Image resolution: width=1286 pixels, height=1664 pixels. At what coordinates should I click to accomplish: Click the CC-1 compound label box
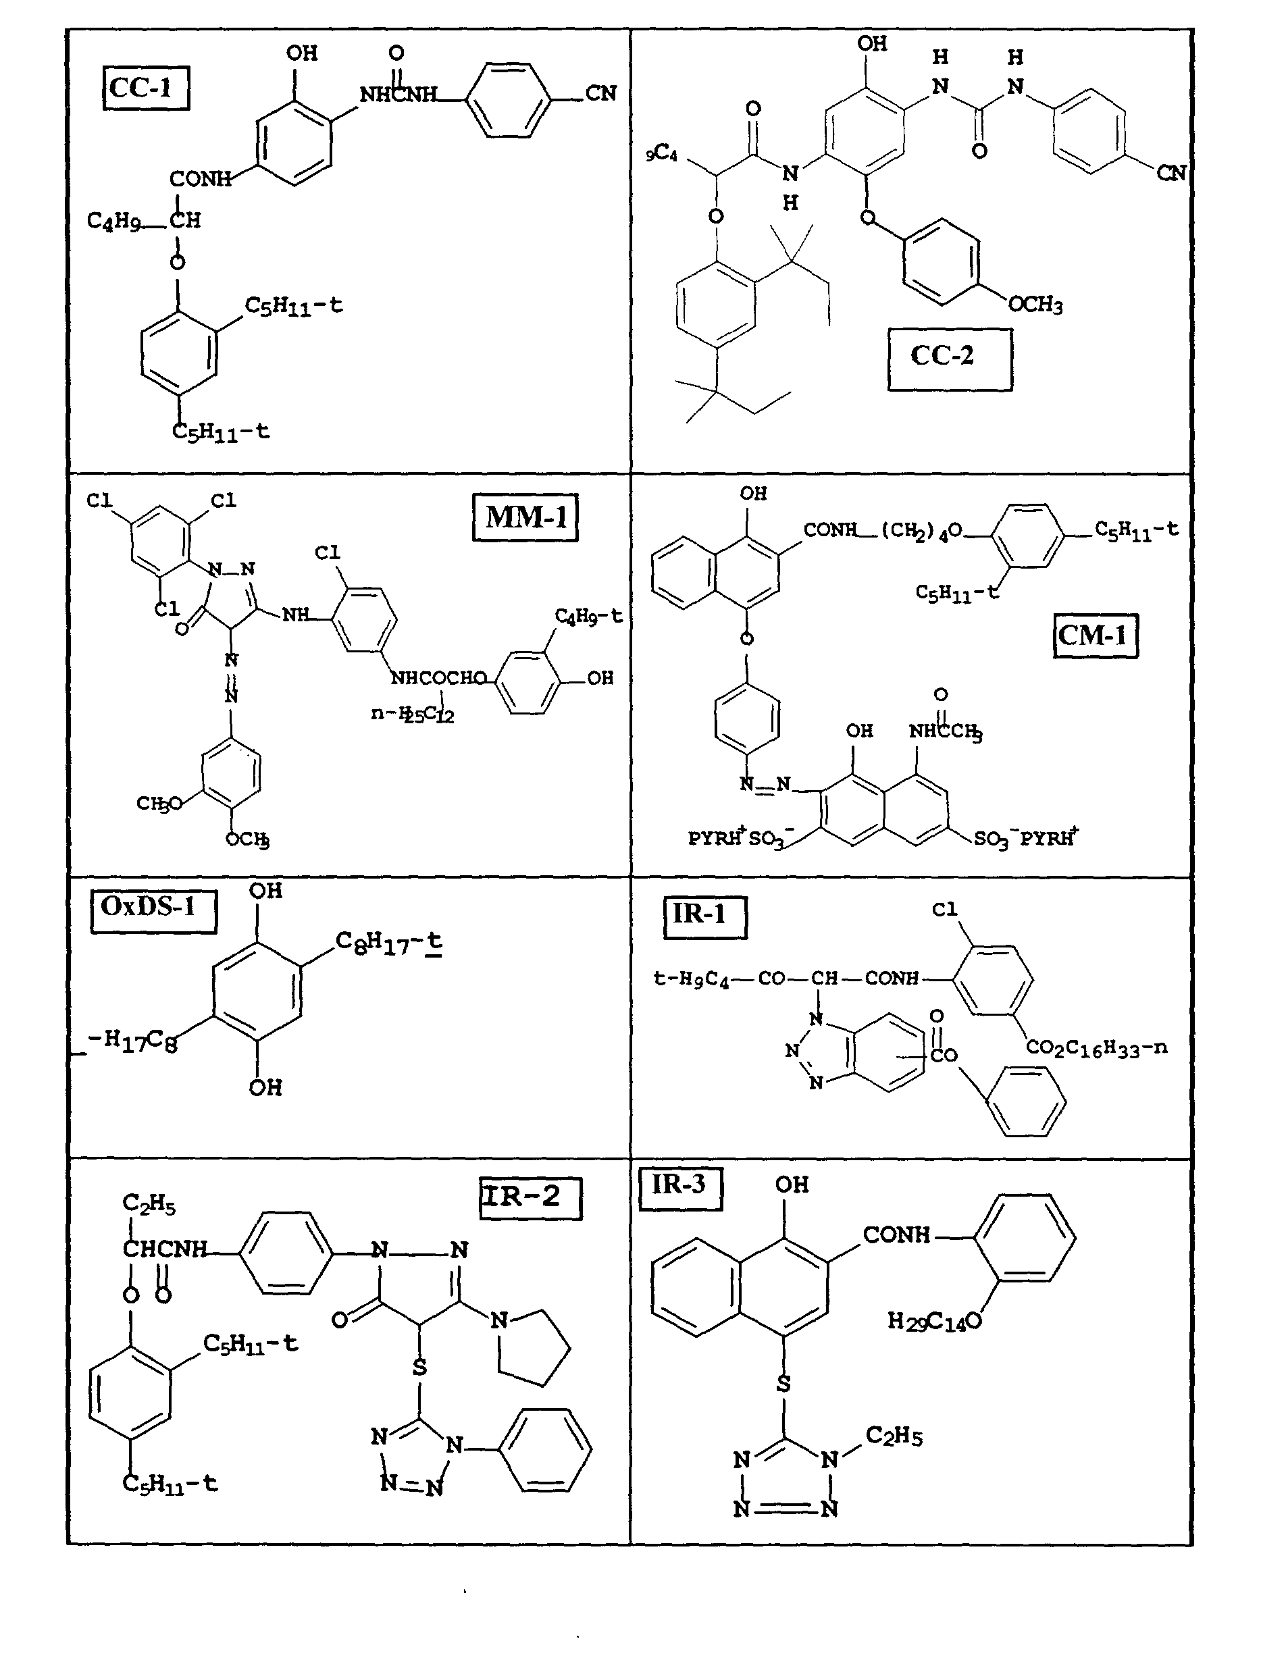point(145,88)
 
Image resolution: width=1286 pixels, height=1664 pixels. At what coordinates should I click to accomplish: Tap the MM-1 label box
point(525,517)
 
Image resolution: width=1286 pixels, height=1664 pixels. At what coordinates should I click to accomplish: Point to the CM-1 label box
point(1096,635)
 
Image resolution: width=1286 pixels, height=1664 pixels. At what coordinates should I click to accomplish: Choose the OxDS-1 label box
point(153,910)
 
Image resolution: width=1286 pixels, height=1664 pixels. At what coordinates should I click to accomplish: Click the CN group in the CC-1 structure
point(600,94)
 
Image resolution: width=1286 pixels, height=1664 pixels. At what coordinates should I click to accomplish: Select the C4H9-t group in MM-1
point(588,616)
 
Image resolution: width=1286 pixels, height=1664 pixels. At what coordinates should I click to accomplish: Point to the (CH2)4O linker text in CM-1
point(922,531)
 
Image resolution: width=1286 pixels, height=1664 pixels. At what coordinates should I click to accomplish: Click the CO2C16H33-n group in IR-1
point(1096,1047)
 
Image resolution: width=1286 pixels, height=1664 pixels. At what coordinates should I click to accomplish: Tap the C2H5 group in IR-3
point(894,1437)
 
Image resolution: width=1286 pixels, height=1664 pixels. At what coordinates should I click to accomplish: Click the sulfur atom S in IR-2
point(419,1367)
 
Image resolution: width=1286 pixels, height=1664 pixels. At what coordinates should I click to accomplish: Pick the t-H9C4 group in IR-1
point(691,979)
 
